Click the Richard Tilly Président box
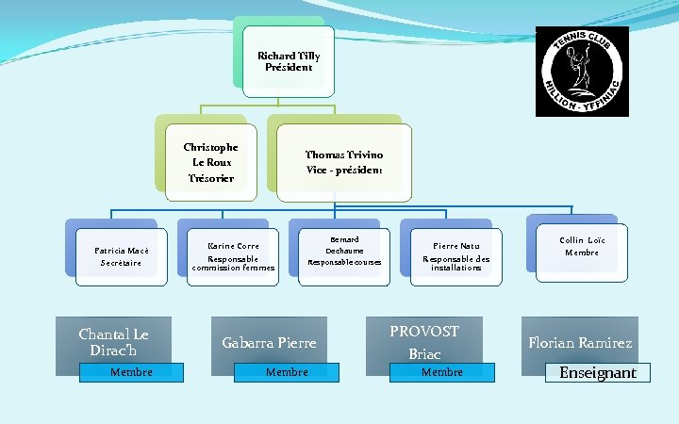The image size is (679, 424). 289,62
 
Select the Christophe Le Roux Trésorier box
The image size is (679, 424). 210,162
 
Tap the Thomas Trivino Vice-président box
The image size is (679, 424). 344,162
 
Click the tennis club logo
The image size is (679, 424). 581,71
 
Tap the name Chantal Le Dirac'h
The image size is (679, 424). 113,342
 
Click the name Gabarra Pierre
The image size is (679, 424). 269,343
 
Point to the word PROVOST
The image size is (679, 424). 424,332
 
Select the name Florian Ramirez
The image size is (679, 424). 580,343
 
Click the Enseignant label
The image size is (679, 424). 598,373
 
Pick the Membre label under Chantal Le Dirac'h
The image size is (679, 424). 131,372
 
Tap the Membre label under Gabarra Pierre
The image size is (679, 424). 287,372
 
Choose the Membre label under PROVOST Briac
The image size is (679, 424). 442,372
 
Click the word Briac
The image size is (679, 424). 424,354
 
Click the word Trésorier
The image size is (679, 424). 210,178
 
